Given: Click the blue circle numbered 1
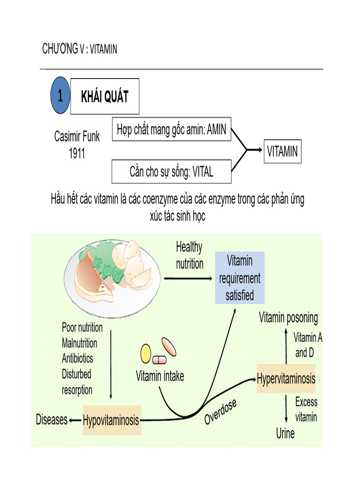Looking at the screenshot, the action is click(x=60, y=97).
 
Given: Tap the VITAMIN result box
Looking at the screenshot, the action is click(x=282, y=151).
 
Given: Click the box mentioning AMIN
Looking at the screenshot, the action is click(x=171, y=129).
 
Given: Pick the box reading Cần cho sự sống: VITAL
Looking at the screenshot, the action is click(x=171, y=172).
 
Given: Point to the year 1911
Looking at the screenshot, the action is click(x=77, y=153).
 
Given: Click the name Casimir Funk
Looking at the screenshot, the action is click(x=77, y=137).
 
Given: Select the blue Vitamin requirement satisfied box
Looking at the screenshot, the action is click(x=240, y=277).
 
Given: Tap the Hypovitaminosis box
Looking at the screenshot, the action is click(x=111, y=420).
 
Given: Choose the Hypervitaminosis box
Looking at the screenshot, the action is click(x=286, y=378).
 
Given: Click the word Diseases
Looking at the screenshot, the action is click(x=52, y=420).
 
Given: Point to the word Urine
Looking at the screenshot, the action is click(x=285, y=434).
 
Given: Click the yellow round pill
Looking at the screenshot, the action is click(x=146, y=353).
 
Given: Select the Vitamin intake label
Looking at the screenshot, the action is click(x=160, y=376).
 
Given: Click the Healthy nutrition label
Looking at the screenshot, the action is click(x=189, y=255).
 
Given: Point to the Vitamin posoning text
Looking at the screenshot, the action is click(x=288, y=318).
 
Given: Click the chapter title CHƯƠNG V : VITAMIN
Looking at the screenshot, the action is click(x=80, y=49).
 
